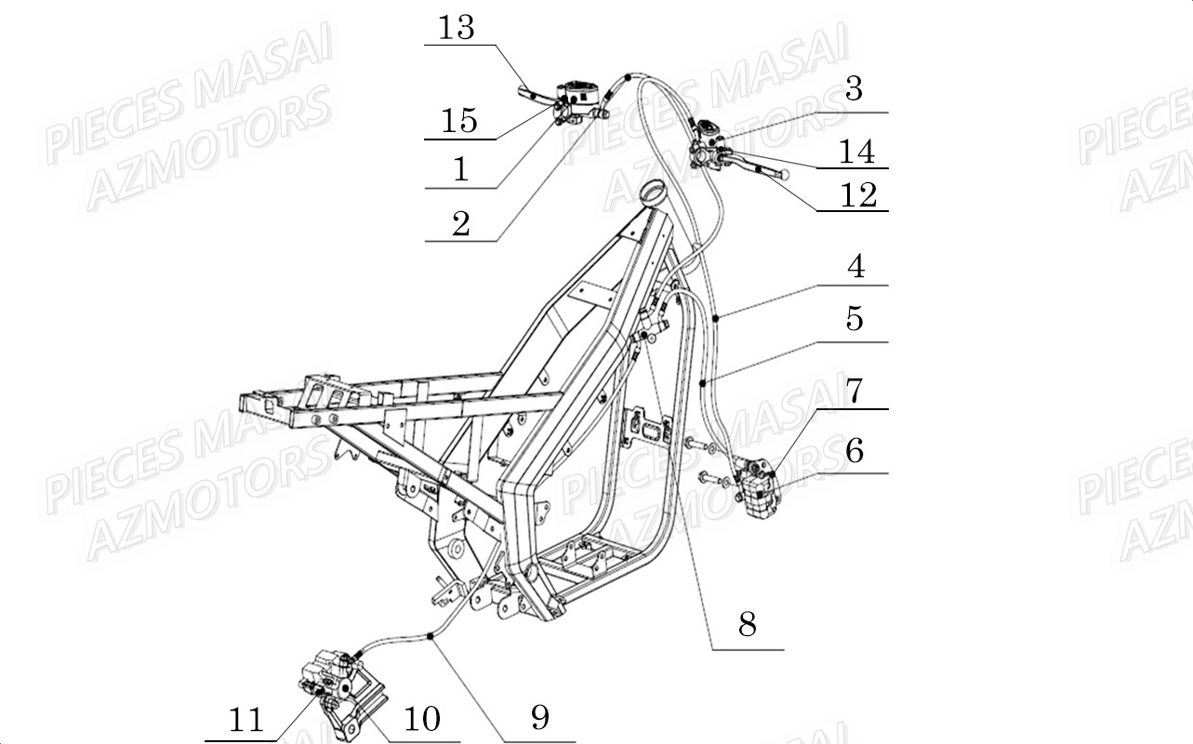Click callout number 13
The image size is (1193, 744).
(x=457, y=29)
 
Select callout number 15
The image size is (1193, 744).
(x=459, y=121)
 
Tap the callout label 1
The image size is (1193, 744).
(x=460, y=169)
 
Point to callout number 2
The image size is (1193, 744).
(x=461, y=223)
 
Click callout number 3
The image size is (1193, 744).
(x=854, y=90)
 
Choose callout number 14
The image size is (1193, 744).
(x=856, y=151)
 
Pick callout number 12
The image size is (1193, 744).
(x=857, y=194)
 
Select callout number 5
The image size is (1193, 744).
(x=855, y=319)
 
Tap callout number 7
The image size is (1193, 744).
(x=855, y=391)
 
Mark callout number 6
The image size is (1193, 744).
(x=855, y=451)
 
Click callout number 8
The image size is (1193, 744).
(x=747, y=625)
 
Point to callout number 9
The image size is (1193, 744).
(x=540, y=717)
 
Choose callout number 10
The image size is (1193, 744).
(x=420, y=718)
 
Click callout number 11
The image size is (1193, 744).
(x=246, y=720)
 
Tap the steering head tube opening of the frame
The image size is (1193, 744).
(x=650, y=193)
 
